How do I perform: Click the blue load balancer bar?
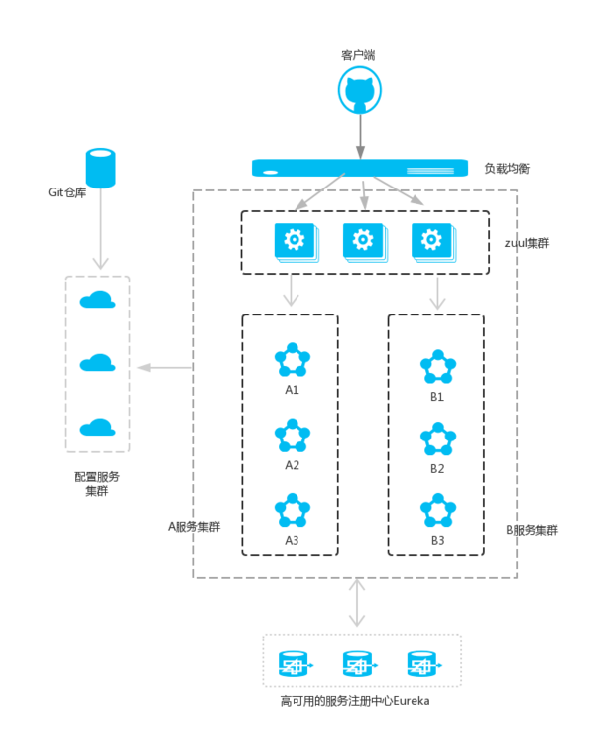click(359, 168)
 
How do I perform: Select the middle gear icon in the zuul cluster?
click(362, 241)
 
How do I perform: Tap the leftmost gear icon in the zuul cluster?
click(294, 241)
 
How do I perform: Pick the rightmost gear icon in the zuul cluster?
click(431, 241)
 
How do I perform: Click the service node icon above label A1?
click(292, 360)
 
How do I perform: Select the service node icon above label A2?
click(292, 436)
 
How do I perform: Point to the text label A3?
click(292, 540)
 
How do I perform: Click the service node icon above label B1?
click(437, 367)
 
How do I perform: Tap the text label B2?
click(437, 468)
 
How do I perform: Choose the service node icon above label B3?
click(437, 510)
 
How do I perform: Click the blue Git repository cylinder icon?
click(100, 168)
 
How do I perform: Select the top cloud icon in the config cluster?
click(96, 300)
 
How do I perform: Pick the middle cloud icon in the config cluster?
click(96, 363)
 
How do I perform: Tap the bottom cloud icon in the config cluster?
click(96, 428)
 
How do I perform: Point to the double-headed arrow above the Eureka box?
click(356, 603)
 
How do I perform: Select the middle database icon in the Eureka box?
click(359, 663)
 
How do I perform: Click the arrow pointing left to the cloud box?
click(164, 368)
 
